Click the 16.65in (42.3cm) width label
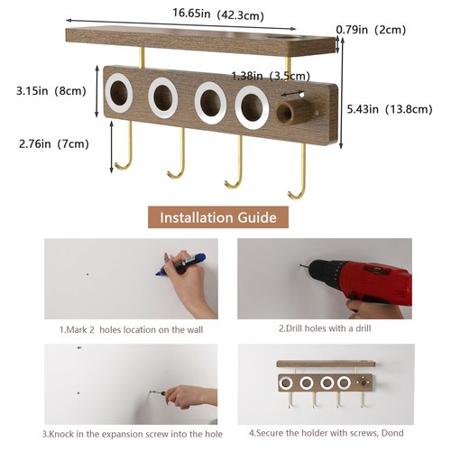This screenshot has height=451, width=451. [218, 14]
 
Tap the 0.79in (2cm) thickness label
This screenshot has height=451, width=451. [371, 30]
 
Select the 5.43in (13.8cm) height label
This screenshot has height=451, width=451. [390, 109]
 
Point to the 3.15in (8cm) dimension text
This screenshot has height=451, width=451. [51, 91]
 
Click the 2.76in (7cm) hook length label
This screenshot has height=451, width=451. [54, 143]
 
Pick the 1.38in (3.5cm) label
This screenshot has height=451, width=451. [271, 76]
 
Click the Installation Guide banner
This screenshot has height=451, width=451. [218, 217]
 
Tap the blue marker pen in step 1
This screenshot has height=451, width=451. [181, 263]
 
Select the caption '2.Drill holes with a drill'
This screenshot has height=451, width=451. [325, 328]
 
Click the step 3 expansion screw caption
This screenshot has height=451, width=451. [133, 434]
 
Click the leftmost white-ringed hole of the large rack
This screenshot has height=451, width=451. [119, 93]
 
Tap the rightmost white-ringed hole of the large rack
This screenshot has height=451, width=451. [252, 107]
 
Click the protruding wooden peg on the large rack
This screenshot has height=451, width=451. [292, 111]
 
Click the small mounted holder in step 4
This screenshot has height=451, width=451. [326, 384]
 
